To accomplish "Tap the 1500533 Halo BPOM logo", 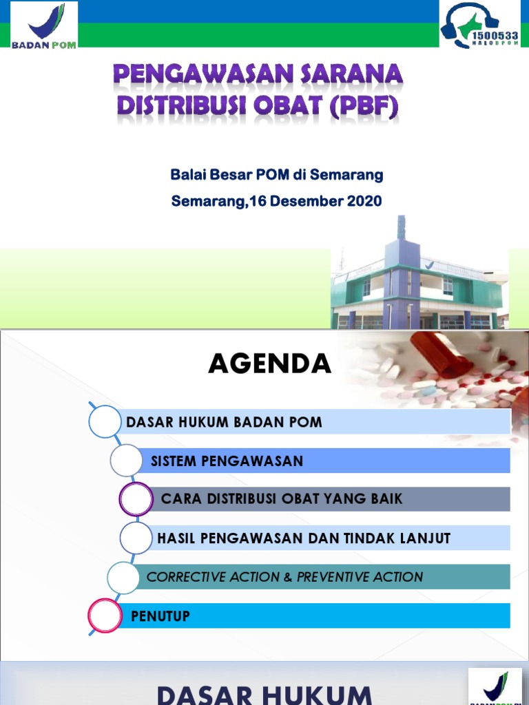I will tap(479, 25).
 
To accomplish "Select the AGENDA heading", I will tap(269, 364).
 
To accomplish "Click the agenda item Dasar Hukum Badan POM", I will tap(224, 422).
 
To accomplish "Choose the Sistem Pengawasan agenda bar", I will tap(227, 461).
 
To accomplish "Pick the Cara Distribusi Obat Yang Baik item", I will tap(281, 498).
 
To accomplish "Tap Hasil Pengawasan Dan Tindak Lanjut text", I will tap(304, 538).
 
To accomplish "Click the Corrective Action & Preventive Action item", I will tap(284, 577).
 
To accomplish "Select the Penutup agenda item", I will tap(160, 616).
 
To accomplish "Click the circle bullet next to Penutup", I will tap(105, 616).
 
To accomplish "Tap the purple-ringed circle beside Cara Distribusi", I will tap(136, 499).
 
